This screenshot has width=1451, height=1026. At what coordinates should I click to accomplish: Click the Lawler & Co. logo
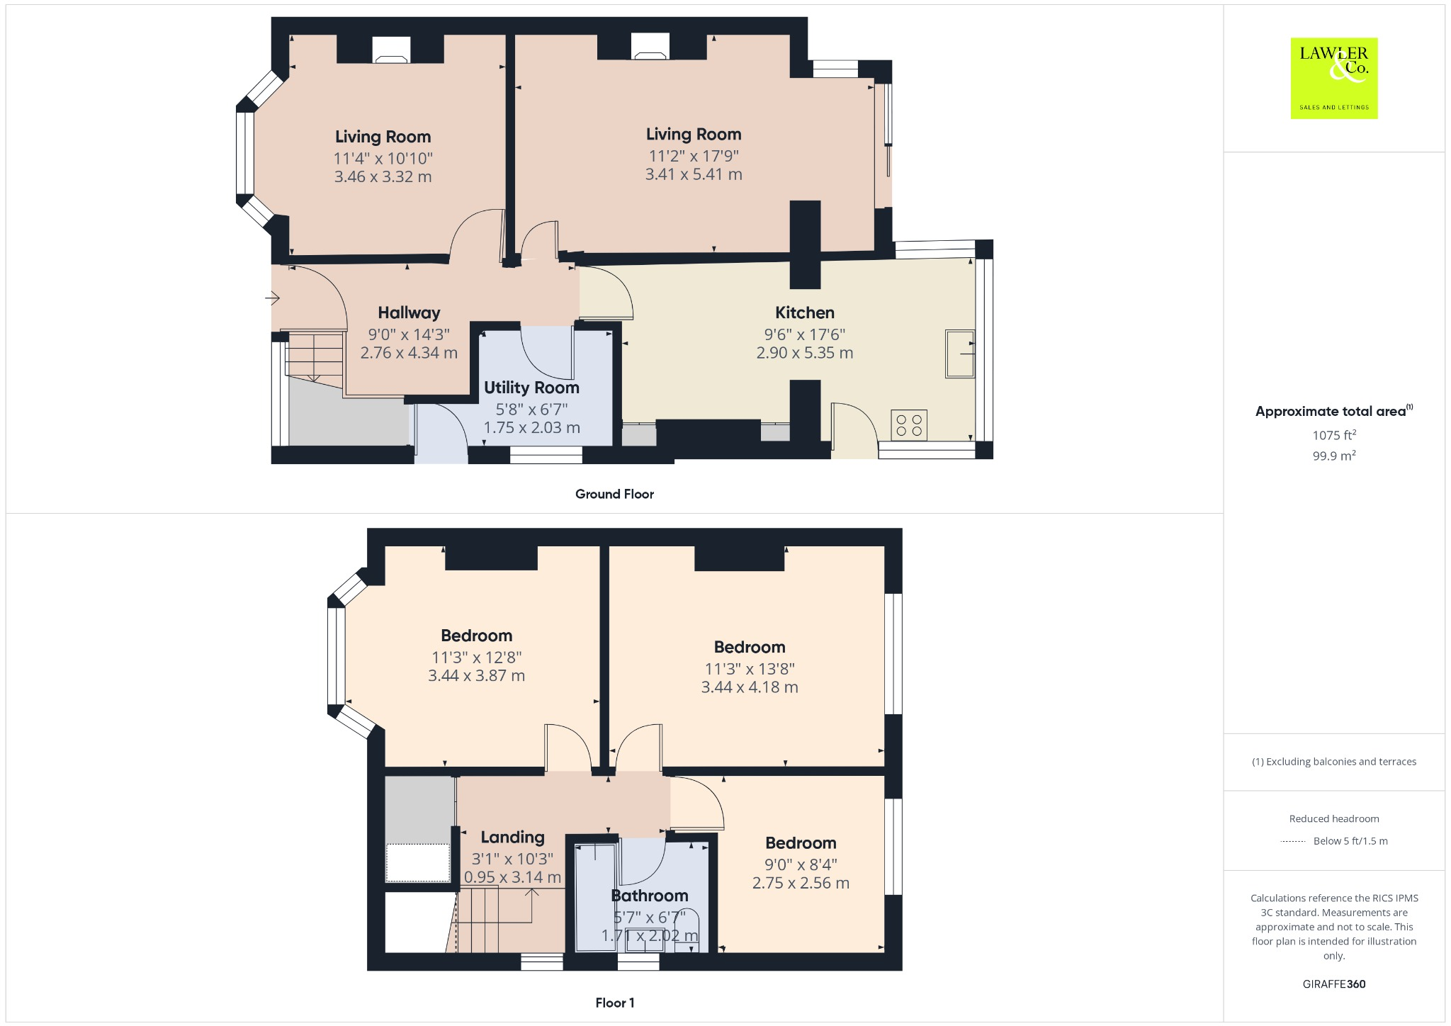(1333, 78)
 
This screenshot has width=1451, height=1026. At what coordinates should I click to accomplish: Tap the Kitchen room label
(804, 312)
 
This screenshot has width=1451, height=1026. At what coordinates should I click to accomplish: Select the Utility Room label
(531, 388)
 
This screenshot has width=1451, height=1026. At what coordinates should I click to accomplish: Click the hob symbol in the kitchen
(909, 425)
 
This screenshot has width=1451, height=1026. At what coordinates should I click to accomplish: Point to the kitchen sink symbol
(960, 353)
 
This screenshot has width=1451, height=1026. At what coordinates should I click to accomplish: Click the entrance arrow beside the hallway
(273, 298)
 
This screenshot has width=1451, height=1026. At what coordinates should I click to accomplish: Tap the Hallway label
(409, 312)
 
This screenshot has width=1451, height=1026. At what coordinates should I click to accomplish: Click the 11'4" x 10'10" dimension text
(383, 158)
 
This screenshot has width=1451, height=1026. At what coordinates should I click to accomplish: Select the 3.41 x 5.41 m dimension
(693, 174)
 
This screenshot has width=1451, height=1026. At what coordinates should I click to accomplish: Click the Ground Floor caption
(614, 494)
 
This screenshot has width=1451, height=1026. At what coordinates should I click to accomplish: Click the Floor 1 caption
(614, 1003)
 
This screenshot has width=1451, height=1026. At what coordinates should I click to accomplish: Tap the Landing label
(512, 837)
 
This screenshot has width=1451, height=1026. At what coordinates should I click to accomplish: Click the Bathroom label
(649, 896)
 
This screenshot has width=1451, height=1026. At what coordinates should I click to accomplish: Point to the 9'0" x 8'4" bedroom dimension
(801, 864)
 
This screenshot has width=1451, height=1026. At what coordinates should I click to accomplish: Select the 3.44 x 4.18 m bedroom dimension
(749, 687)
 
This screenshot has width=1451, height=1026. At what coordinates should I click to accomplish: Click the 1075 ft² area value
(1334, 435)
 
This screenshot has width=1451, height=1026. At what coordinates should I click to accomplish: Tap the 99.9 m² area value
(1334, 456)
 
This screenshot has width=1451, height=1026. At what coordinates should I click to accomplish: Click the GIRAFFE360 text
(1333, 983)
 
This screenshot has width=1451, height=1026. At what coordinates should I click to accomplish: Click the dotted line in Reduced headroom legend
(1293, 841)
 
